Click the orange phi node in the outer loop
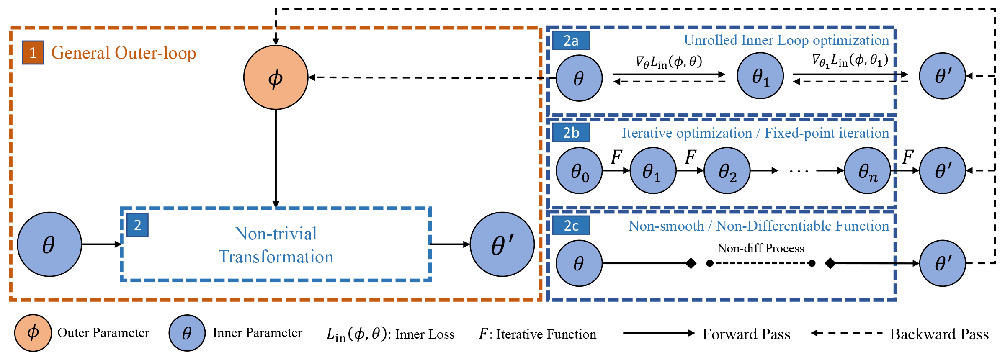pyautogui.click(x=276, y=77)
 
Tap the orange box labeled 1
pyautogui.click(x=33, y=53)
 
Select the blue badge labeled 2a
pyautogui.click(x=571, y=41)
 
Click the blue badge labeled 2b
pyautogui.click(x=571, y=133)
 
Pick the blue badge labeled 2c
pyautogui.click(x=571, y=226)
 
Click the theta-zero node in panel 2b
pyautogui.click(x=579, y=171)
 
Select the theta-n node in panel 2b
pyautogui.click(x=867, y=171)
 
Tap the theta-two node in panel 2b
pyautogui.click(x=727, y=171)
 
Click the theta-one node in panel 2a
pyautogui.click(x=760, y=76)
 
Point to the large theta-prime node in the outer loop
pyautogui.click(x=502, y=244)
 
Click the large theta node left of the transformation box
pyautogui.click(x=49, y=244)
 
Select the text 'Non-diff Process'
pyautogui.click(x=760, y=248)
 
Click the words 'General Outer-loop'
pyautogui.click(x=124, y=53)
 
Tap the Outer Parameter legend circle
pyautogui.click(x=33, y=333)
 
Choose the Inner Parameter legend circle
pyautogui.click(x=187, y=333)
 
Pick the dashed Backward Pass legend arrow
pyautogui.click(x=846, y=333)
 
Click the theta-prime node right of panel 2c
pyautogui.click(x=942, y=263)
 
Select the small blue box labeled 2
pyautogui.click(x=137, y=226)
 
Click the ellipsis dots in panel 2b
pyautogui.click(x=799, y=171)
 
